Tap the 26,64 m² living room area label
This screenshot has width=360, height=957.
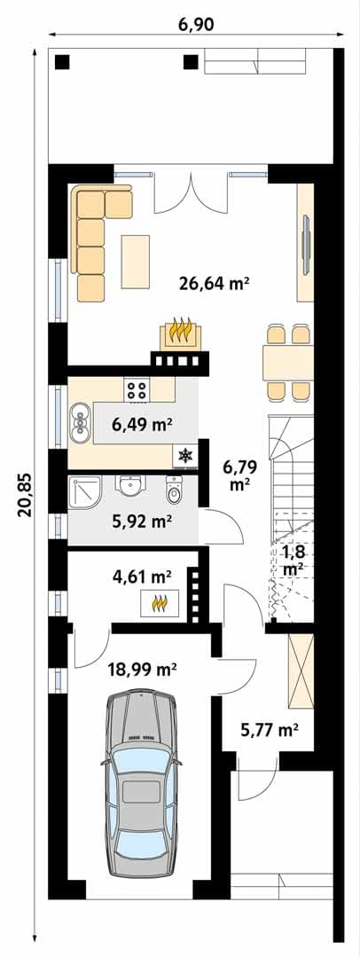215,283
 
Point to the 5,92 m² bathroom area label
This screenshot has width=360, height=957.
142,522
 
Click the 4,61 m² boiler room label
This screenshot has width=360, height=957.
142,575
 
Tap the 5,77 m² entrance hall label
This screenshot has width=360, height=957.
268,728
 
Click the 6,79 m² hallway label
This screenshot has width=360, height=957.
239,476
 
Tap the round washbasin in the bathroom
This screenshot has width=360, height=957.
129,488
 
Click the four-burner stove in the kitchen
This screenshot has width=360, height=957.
137,390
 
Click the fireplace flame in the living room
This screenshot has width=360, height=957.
181,333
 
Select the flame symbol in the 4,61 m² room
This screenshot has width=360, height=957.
160,603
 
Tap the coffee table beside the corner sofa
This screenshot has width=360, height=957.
135,262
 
